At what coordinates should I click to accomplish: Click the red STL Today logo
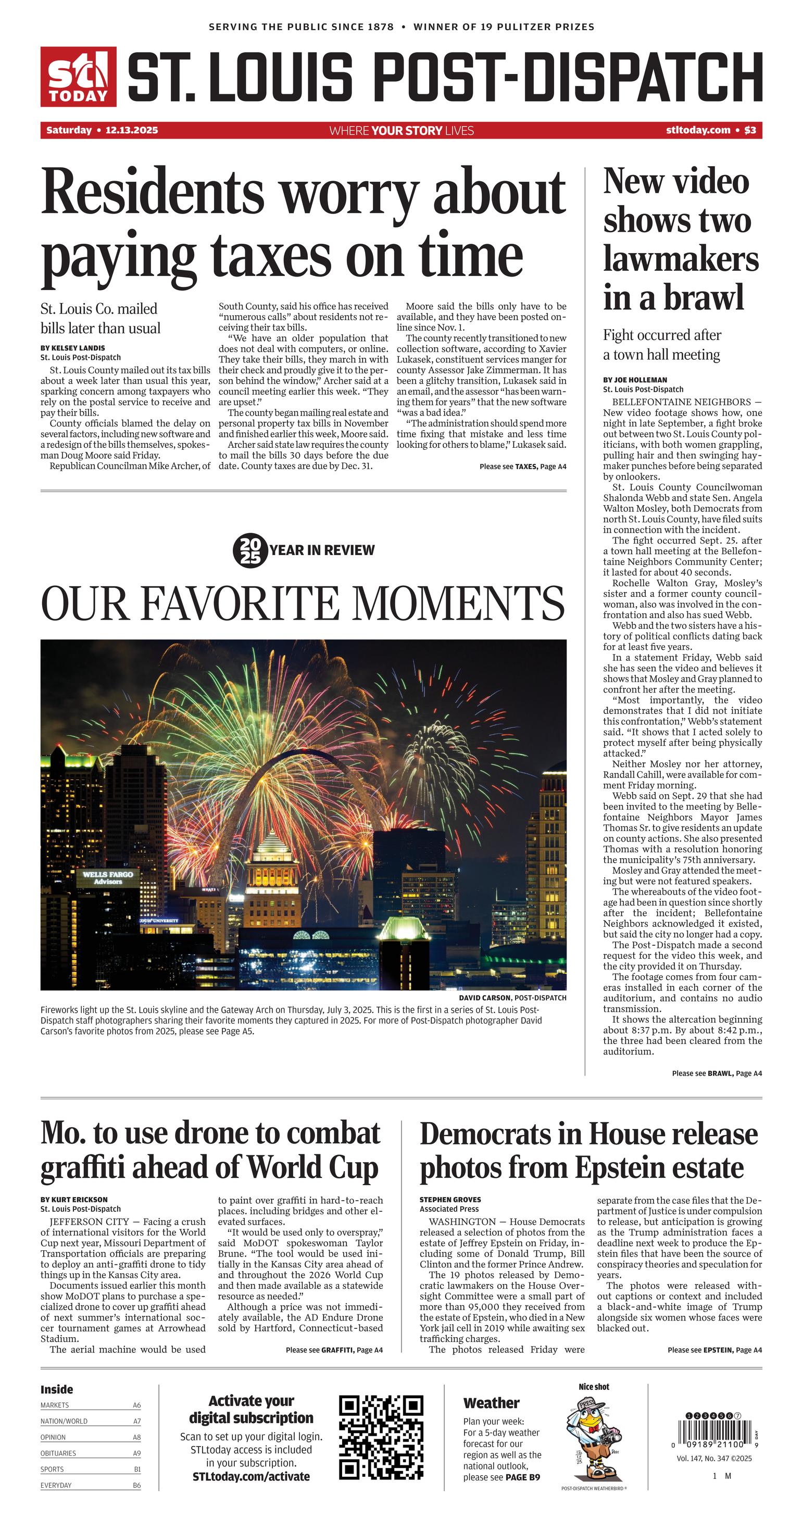click(78, 77)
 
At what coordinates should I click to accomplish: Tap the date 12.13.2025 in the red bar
click(132, 130)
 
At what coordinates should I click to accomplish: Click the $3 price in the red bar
click(750, 130)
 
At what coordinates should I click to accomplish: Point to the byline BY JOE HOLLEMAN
click(635, 380)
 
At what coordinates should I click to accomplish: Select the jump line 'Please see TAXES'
click(523, 467)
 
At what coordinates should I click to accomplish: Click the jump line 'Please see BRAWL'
click(717, 1074)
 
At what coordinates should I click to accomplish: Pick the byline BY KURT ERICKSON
click(74, 1200)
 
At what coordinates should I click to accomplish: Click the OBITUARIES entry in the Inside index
click(58, 1453)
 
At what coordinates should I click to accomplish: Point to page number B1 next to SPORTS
click(137, 1469)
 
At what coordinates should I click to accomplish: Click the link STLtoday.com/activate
click(251, 1476)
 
